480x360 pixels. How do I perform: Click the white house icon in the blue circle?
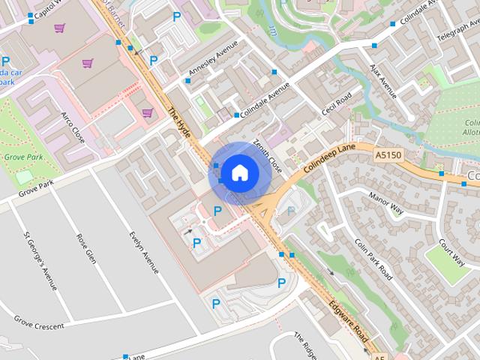tap(239, 172)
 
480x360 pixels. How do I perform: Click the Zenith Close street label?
tap(267, 154)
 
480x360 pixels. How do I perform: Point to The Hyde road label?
tap(180, 124)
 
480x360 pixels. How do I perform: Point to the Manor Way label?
tap(386, 203)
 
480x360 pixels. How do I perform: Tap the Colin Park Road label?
tap(373, 259)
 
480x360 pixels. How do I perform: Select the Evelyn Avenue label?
tap(145, 252)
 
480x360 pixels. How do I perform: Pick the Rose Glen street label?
tap(86, 248)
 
